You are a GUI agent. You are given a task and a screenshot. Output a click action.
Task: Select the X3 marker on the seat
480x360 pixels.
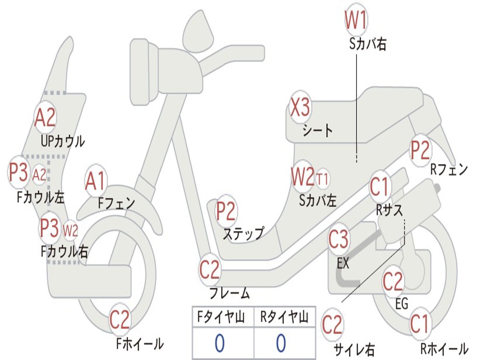pos(300,108)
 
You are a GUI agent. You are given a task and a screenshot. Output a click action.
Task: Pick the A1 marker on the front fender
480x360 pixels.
pos(96,181)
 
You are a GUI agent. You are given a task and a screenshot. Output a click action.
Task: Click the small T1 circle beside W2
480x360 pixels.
pos(322,179)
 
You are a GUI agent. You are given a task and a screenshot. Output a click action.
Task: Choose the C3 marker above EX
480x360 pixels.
pos(338,240)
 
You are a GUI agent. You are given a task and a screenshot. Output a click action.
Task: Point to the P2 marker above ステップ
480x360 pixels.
pos(226,211)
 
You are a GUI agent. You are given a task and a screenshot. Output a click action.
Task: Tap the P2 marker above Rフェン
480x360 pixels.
pos(420,150)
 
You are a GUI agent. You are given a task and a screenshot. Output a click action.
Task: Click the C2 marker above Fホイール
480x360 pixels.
pos(120,320)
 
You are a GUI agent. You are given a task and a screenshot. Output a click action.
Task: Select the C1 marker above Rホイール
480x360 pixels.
pos(419,323)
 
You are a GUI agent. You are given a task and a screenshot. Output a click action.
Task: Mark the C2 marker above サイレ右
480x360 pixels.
pos(332,325)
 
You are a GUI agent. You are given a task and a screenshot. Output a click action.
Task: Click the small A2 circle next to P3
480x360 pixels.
pos(40,174)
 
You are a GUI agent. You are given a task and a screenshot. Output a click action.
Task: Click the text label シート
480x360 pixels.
pos(318,130)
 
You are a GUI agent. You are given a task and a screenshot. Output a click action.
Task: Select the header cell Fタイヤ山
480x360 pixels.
pos(222,318)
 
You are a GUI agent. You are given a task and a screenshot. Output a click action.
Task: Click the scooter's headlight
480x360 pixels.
pos(141,70)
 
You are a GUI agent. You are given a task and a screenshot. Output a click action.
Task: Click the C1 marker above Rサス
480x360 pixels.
pos(380,187)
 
